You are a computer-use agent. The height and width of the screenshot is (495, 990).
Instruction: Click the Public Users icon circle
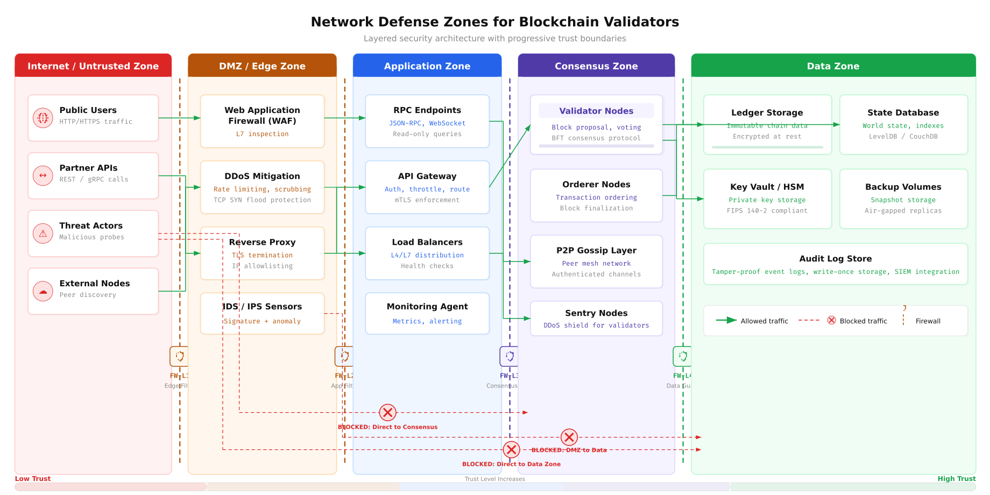pos(43,118)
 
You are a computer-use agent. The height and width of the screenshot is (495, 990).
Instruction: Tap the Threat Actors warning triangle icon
pos(43,234)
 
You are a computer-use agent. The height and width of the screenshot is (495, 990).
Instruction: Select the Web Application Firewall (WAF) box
pos(262,121)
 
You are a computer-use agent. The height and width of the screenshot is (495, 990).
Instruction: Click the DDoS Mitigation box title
pos(262,176)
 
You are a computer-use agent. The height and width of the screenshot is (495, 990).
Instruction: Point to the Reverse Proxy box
pos(262,253)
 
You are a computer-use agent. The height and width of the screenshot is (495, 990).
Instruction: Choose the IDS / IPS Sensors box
pos(262,313)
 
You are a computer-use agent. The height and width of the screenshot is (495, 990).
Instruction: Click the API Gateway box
pos(427,187)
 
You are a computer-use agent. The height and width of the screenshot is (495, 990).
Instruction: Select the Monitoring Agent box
pos(427,313)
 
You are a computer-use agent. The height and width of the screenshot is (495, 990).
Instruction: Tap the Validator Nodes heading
pos(596,111)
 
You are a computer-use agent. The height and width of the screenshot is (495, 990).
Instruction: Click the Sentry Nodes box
pos(596,319)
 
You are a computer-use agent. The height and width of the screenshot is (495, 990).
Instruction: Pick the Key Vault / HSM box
pos(767,199)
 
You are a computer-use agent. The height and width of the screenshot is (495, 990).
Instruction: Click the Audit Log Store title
pos(835,259)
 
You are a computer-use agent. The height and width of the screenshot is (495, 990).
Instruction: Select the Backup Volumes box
pos(903,199)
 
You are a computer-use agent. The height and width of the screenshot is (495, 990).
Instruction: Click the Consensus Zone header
pos(596,66)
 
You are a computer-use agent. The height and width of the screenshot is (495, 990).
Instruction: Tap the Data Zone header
pos(833,66)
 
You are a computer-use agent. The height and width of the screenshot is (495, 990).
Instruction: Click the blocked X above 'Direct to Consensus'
pos(387,413)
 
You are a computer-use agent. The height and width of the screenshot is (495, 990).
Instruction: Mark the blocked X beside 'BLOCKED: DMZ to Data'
pos(569,437)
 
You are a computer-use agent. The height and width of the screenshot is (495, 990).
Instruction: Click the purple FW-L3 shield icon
pos(509,356)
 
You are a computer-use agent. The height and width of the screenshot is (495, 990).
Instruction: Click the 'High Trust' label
pos(956,478)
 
